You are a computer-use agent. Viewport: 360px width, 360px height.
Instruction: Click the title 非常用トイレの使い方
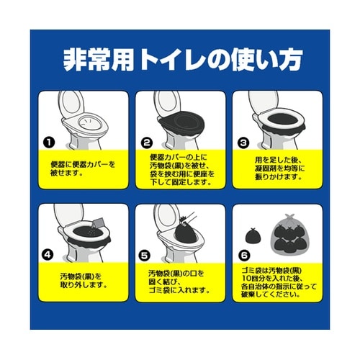point(180,58)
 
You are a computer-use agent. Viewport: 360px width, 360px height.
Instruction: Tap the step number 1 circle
point(48,143)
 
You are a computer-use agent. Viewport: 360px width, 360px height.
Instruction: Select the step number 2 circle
point(146,143)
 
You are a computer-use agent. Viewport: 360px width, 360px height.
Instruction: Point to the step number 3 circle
point(244,143)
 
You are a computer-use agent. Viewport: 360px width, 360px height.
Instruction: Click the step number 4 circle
point(48,253)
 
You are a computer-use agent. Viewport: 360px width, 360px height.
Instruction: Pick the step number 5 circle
point(146,253)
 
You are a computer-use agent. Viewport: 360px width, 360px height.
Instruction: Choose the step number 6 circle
point(244,253)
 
